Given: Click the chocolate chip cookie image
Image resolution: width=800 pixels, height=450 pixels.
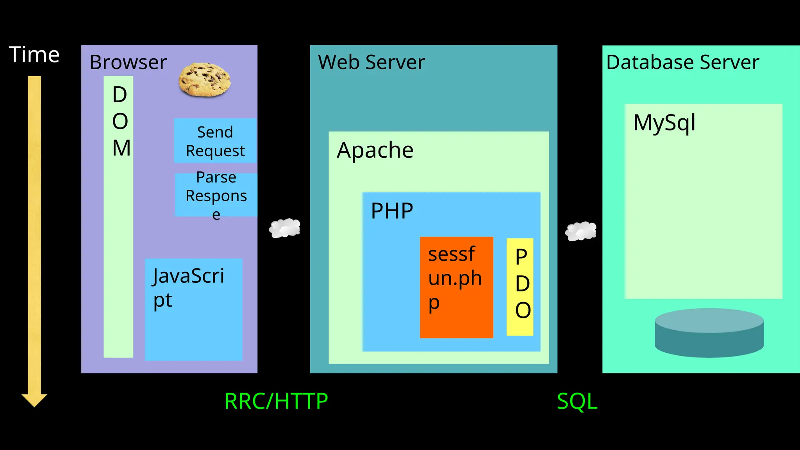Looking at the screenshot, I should click(204, 80).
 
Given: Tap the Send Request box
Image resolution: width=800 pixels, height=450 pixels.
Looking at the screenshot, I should click(215, 141).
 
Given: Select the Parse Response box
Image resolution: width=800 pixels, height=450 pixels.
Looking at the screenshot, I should click(216, 195).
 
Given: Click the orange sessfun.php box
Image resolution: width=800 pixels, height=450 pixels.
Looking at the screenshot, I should click(456, 287).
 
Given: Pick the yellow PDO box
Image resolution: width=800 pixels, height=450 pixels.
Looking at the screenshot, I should click(520, 287).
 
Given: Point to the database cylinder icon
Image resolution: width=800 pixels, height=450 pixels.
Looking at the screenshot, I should click(709, 333).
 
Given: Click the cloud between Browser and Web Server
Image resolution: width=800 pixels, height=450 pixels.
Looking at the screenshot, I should click(285, 228).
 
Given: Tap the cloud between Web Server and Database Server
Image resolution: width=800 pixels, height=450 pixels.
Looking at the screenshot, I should click(581, 231).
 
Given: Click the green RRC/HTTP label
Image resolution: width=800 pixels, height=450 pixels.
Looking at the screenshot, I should click(276, 401).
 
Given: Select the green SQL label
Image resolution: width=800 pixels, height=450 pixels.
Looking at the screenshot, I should click(577, 401).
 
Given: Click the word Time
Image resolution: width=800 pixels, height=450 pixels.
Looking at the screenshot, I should click(34, 55).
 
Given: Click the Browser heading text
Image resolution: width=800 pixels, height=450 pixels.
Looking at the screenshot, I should click(128, 62).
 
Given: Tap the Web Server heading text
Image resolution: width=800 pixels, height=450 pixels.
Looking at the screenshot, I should click(371, 62).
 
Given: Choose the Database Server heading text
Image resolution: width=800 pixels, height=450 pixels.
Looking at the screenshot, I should click(682, 62).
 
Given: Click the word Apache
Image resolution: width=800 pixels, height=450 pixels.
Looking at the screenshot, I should click(375, 150).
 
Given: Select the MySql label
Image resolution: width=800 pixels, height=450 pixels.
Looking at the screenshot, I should click(664, 123).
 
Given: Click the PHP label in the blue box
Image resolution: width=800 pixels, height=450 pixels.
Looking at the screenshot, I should click(392, 211).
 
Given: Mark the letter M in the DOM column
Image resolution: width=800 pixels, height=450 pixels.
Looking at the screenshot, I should click(121, 148).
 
